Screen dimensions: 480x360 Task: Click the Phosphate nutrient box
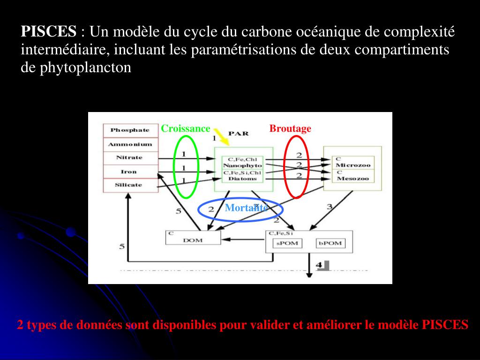coord(129,130)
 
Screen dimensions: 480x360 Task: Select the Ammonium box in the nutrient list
coord(129,144)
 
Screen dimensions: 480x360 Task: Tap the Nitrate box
coord(129,157)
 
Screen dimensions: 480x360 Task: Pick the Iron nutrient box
coord(129,172)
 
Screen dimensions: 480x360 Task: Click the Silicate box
coord(129,185)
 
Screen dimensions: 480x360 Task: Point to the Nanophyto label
coord(242,165)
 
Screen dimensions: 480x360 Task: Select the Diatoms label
coord(242,179)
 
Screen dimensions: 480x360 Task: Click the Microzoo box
coord(352,165)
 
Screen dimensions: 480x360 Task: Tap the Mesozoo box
coord(352,178)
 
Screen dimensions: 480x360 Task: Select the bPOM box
coord(331,243)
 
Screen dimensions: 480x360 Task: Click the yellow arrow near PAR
coord(221,136)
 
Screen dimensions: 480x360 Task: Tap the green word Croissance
coord(186,128)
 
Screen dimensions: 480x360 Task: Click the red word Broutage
coord(290,128)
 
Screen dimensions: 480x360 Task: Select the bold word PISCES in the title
coord(48,32)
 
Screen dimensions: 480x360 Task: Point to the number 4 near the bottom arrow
coord(319,265)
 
